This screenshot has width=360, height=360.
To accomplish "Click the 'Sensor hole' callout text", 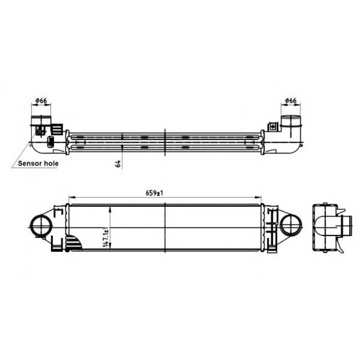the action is tap(38, 164).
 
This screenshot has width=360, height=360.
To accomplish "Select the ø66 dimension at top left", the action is tap(41, 101).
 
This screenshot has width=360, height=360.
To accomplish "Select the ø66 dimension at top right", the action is tap(291, 101).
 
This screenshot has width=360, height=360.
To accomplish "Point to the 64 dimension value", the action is tap(118, 164).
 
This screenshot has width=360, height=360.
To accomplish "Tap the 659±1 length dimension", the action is tap(154, 193).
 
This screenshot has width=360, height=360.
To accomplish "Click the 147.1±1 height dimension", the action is tap(106, 237).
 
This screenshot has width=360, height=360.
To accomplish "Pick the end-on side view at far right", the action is tap(332, 228).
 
